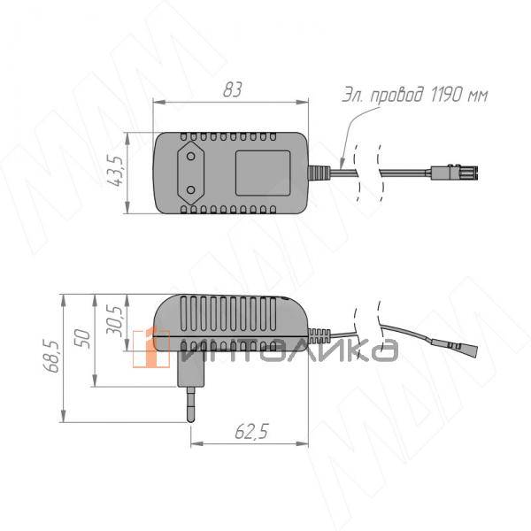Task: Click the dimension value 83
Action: tap(232, 89)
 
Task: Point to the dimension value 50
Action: tap(82, 340)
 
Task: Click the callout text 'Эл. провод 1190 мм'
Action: tap(414, 95)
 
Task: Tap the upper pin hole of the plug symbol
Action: tap(189, 156)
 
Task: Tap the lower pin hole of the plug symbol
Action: tap(189, 189)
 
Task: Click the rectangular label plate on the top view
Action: tap(263, 173)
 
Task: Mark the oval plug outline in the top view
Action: tap(189, 173)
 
